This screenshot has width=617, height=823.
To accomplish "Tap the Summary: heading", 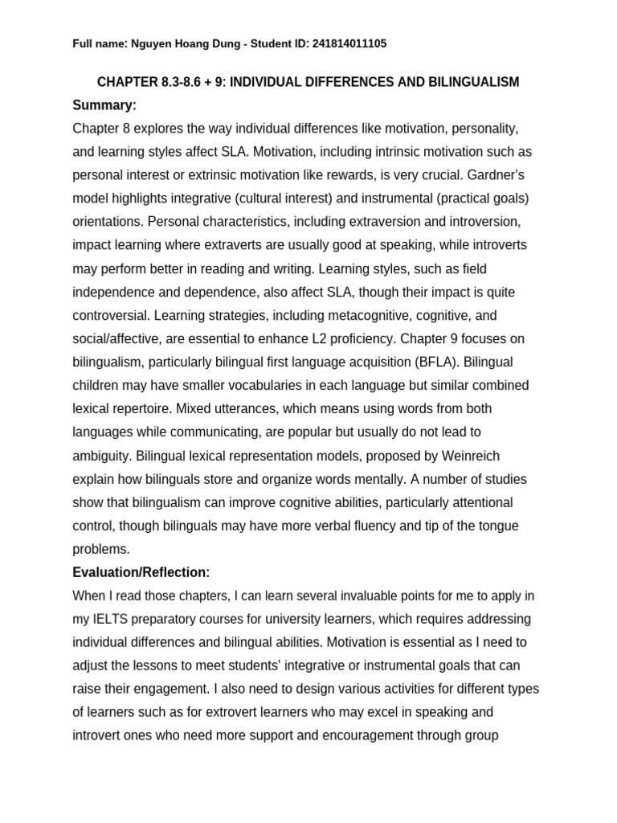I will coord(104,105).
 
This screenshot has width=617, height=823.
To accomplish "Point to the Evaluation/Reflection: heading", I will coord(141,572).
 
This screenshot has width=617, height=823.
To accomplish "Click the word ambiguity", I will coord(101,456).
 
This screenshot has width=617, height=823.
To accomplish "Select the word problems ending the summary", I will coord(100,549).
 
